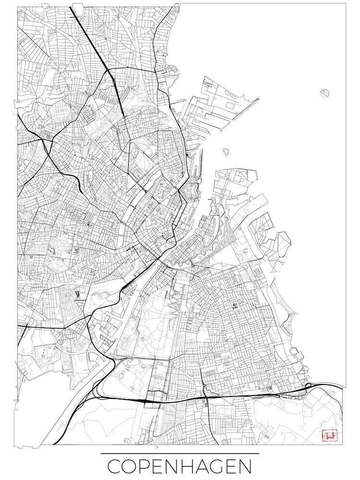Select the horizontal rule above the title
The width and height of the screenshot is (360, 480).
coord(180,453)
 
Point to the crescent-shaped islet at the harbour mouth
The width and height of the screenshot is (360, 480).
coord(226,152)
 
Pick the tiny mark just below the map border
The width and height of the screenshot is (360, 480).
coord(157,447)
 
